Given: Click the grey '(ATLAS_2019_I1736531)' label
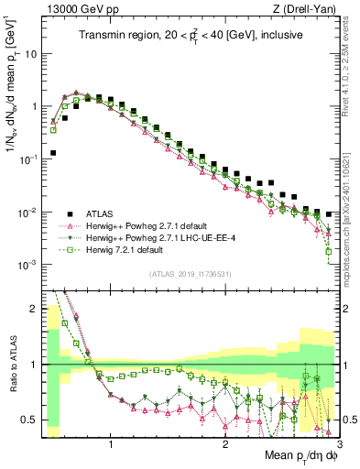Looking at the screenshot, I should click(x=189, y=273).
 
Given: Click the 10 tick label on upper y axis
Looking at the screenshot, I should click(x=31, y=53).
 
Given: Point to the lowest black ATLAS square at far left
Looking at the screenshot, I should click(x=53, y=153).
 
